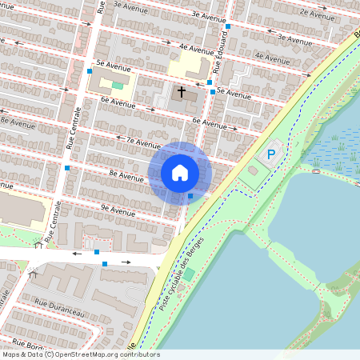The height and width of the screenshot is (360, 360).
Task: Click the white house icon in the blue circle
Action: coord(180,172)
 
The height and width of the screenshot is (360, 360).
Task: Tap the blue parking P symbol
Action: coord(271,154)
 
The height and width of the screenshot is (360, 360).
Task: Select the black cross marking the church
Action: coord(181,92)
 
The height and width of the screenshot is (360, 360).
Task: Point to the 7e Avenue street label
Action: coord(138,142)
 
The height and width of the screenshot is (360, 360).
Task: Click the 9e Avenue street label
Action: coord(117,210)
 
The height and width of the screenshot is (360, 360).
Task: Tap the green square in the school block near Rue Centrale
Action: coord(118,85)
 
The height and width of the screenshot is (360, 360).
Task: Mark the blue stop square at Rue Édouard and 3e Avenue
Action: coord(228,26)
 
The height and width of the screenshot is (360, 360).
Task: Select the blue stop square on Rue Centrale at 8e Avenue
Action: coord(67,168)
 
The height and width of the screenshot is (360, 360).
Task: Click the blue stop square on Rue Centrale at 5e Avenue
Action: coord(89,70)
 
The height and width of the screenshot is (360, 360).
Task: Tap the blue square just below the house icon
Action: coord(190,196)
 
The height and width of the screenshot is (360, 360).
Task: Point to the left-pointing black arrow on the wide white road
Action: coord(77,254)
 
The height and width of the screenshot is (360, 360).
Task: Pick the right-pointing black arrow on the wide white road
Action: coord(126,262)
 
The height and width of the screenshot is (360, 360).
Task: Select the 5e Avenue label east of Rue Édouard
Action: coord(233,93)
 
